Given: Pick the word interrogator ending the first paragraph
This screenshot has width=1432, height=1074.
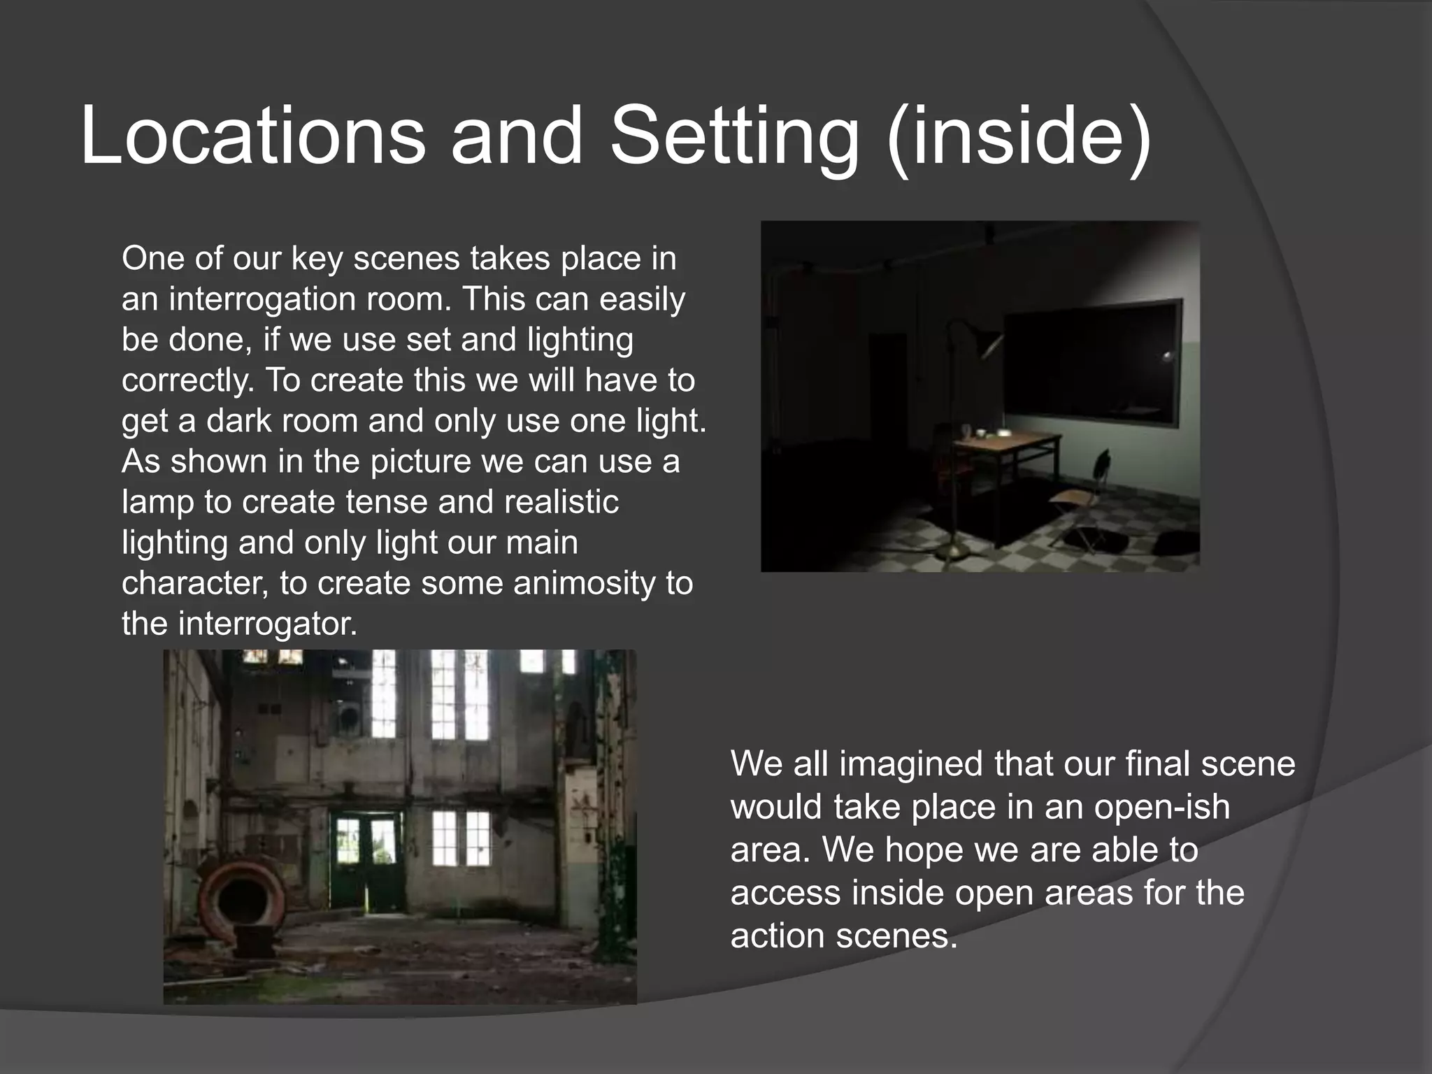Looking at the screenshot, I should pyautogui.click(x=267, y=624).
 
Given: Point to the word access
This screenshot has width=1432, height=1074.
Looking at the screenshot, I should pyautogui.click(x=785, y=893).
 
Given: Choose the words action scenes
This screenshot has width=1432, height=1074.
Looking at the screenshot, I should pyautogui.click(x=843, y=936).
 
